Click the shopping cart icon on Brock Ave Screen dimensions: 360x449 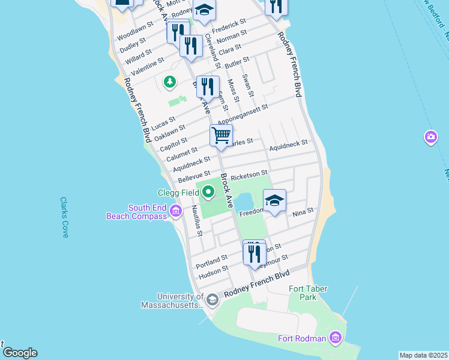coord(221,136)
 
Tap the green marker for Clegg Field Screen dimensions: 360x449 coord(208,193)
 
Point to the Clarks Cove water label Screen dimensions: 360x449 coord(65,217)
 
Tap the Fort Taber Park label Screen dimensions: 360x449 coord(308,293)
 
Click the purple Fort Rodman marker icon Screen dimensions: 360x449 coord(335,338)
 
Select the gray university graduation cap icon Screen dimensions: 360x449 coord(211,299)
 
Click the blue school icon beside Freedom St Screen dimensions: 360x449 coord(274,200)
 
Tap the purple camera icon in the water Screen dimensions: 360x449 coord(430,138)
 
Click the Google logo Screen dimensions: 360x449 coord(19,353)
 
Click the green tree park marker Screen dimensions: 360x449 coord(170,81)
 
